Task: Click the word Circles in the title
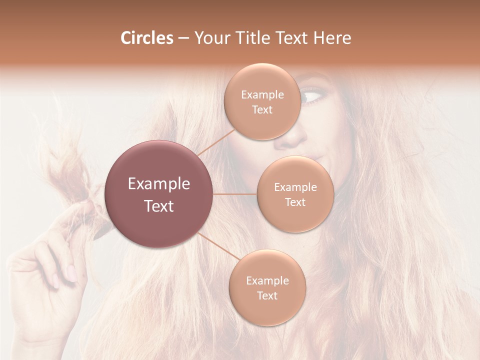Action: (x=146, y=38)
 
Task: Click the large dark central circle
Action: (x=159, y=194)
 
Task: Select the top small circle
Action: (x=262, y=101)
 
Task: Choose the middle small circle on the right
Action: (x=295, y=194)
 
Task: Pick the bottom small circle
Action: (x=267, y=287)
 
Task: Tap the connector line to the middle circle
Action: (x=235, y=194)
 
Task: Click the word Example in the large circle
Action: (x=159, y=184)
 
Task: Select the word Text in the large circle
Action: (x=159, y=206)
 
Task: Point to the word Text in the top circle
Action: (x=262, y=109)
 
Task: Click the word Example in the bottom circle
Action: (x=267, y=280)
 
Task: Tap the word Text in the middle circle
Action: (x=295, y=202)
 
